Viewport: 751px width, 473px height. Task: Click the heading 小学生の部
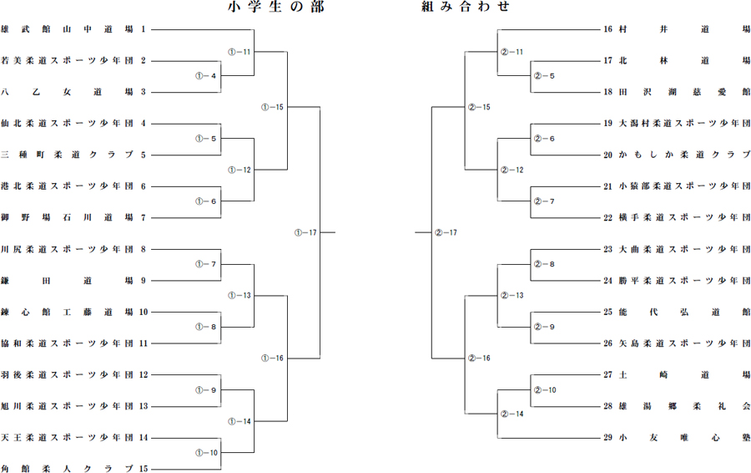tap(276, 6)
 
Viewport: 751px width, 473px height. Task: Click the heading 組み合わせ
tap(465, 6)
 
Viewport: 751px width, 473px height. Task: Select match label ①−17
tap(305, 232)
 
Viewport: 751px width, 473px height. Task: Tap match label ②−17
tap(446, 232)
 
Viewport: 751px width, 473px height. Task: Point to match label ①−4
tap(206, 76)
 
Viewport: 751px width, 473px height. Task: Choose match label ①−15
tap(272, 107)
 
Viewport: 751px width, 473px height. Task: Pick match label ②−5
tap(545, 76)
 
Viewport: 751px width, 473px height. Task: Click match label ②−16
tap(479, 358)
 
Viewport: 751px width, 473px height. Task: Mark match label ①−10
tap(206, 452)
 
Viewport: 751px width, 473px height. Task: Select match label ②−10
tap(545, 390)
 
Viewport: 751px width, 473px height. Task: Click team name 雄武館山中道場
tap(67, 29)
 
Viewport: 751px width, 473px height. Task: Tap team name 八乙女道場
tap(67, 92)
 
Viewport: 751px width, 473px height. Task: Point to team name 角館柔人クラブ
tap(67, 469)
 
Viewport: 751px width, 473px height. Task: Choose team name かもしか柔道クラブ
tap(684, 155)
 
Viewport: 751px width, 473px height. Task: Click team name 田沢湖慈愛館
tap(684, 92)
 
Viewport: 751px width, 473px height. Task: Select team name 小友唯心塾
tap(684, 438)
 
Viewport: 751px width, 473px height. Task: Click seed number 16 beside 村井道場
tap(607, 29)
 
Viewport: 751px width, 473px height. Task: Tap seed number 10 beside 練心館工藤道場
tap(144, 312)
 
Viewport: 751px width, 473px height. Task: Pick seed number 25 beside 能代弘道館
tap(607, 312)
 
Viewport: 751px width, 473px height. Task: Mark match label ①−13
tap(239, 296)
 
